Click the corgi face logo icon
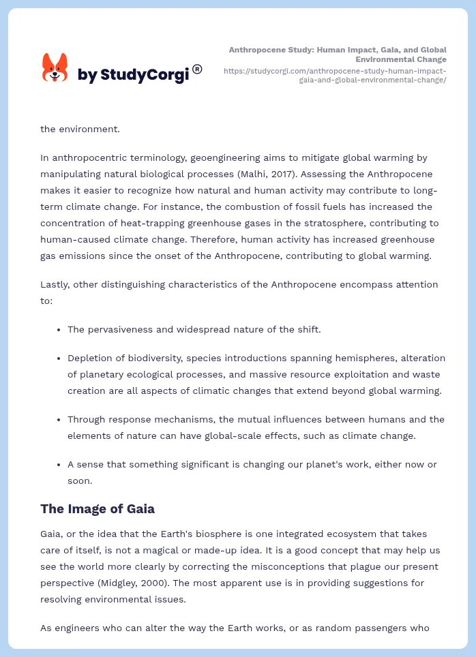pyautogui.click(x=55, y=68)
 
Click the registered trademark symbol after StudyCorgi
pyautogui.click(x=197, y=69)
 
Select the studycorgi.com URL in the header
pyautogui.click(x=335, y=75)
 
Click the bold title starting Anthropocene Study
pyautogui.click(x=338, y=55)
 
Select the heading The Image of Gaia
pyautogui.click(x=98, y=508)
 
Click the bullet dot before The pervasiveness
pyautogui.click(x=59, y=329)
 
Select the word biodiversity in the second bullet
pyautogui.click(x=147, y=358)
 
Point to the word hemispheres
pyautogui.click(x=364, y=358)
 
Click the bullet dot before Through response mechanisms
pyautogui.click(x=59, y=419)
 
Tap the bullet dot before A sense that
pyautogui.click(x=59, y=464)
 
